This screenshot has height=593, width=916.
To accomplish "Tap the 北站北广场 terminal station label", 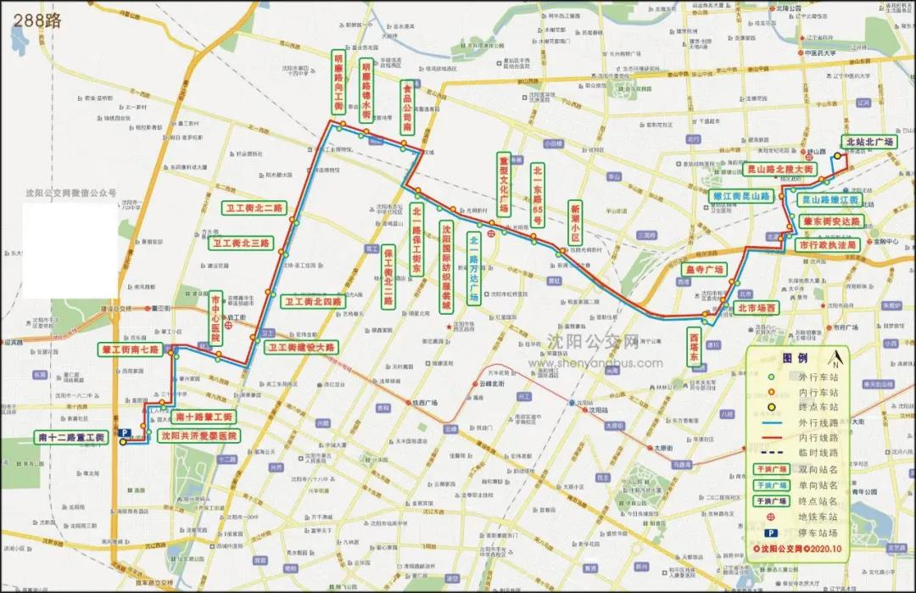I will pos(869,142).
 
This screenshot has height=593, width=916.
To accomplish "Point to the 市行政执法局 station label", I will pos(829,243).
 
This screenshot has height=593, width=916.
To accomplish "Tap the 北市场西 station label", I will pos(756,308).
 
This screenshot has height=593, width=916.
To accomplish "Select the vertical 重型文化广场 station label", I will pos(503,183).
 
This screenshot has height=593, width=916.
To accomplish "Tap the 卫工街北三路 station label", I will pos(242,243).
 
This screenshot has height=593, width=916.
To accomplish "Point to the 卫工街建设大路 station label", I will pos(301,347).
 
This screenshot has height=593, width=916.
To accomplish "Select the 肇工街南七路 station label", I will pos(131,349).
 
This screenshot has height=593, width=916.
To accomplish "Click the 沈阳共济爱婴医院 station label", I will pos(199,435).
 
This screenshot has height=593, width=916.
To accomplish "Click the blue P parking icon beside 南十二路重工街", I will pos(123,433).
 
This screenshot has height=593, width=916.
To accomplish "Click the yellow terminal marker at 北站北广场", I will pos(837,156).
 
